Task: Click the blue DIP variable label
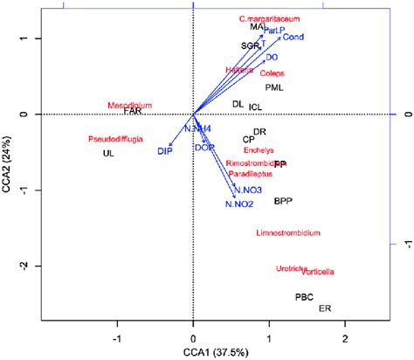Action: (x=164, y=152)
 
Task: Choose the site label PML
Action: (x=275, y=87)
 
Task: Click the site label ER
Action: (x=325, y=308)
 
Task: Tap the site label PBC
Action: (x=304, y=297)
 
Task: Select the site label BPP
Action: (x=283, y=201)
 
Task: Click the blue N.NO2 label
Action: (x=238, y=204)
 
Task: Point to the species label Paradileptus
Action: (x=251, y=174)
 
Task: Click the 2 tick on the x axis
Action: (x=345, y=336)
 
